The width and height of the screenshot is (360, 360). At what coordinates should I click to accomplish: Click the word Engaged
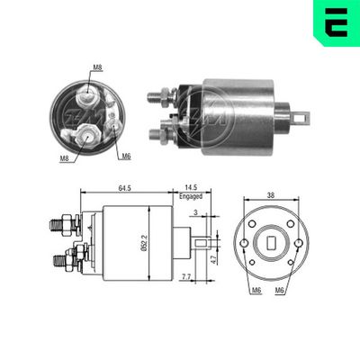coord(191,195)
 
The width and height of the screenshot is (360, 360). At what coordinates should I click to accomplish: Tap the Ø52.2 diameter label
coord(145,242)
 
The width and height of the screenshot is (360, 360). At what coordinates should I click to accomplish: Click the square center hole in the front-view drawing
coord(271,242)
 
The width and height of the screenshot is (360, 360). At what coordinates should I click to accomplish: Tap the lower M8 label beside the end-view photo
coord(65,159)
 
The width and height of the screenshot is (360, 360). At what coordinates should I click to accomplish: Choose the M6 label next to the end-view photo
coord(125,157)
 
